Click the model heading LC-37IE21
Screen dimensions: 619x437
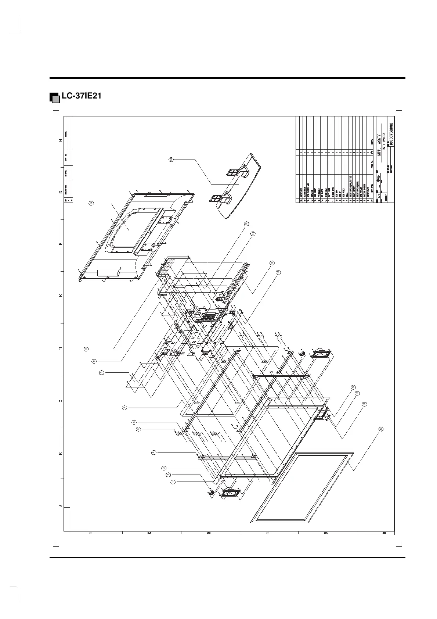82,96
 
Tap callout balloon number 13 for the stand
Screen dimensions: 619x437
171,160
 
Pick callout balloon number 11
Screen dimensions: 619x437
86,349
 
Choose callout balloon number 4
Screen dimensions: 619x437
154,452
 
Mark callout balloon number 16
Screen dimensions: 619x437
278,272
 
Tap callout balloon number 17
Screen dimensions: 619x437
353,387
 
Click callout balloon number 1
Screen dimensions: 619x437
173,482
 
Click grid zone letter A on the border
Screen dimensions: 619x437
61,506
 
